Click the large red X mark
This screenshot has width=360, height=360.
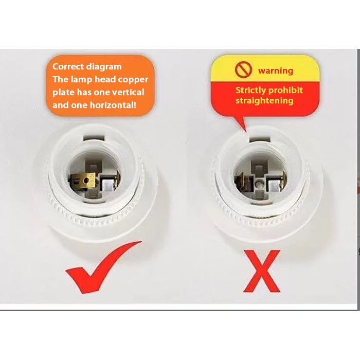click(x=262, y=271)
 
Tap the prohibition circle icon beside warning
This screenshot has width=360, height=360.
click(x=243, y=70)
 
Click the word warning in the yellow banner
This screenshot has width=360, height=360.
click(x=276, y=70)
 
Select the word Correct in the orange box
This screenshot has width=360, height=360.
click(x=68, y=66)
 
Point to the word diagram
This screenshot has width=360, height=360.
click(x=104, y=67)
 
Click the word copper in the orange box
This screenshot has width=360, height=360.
click(x=134, y=80)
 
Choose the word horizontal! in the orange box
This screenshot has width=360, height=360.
click(x=113, y=105)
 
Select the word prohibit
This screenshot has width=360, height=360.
click(x=285, y=90)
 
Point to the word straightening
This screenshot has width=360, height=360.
click(x=264, y=101)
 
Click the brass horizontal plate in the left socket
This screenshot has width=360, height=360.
click(x=83, y=180)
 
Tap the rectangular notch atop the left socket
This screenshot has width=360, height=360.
click(x=94, y=137)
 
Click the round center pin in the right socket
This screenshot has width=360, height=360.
click(x=258, y=184)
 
